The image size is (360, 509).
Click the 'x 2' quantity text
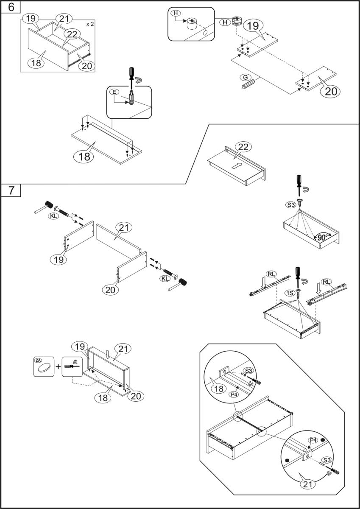89,24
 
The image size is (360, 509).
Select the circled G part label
245,77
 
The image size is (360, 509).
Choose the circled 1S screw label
290,292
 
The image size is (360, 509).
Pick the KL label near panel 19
54,215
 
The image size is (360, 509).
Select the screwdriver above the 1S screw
298,274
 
